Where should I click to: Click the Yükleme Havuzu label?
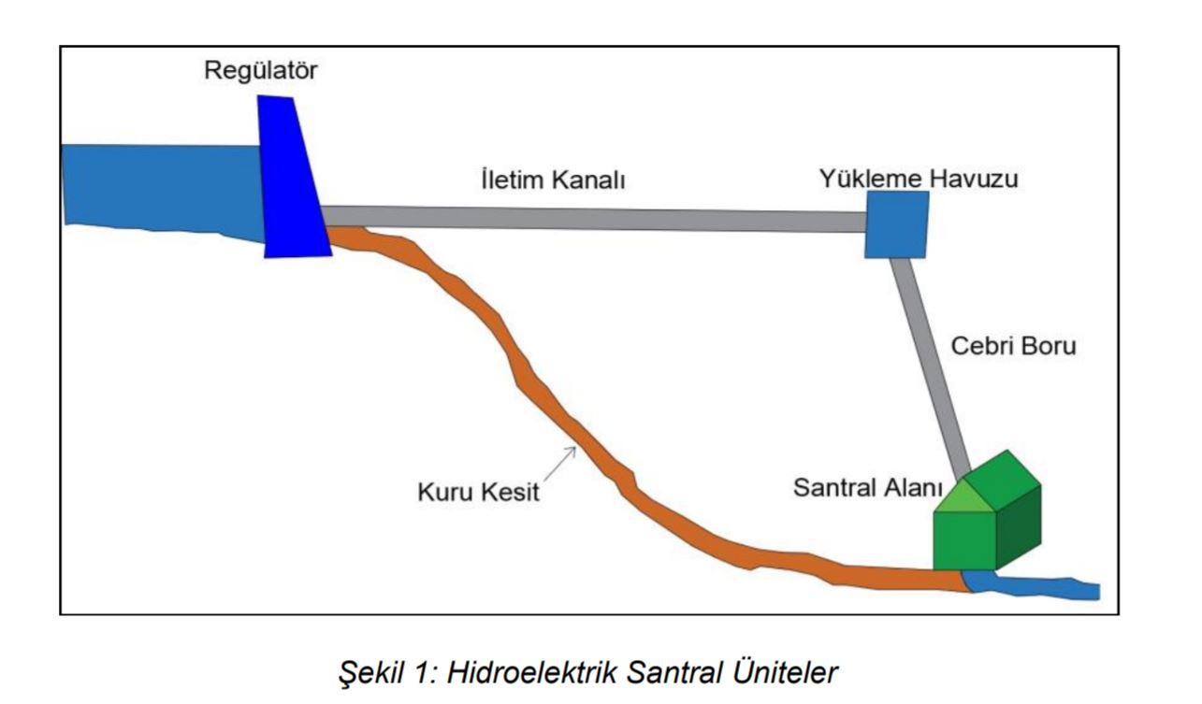(x=919, y=179)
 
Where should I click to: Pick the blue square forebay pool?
(x=896, y=224)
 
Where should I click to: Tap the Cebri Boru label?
(x=1014, y=345)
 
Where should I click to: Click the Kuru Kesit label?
(x=478, y=491)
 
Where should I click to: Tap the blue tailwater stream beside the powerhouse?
(x=1038, y=588)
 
